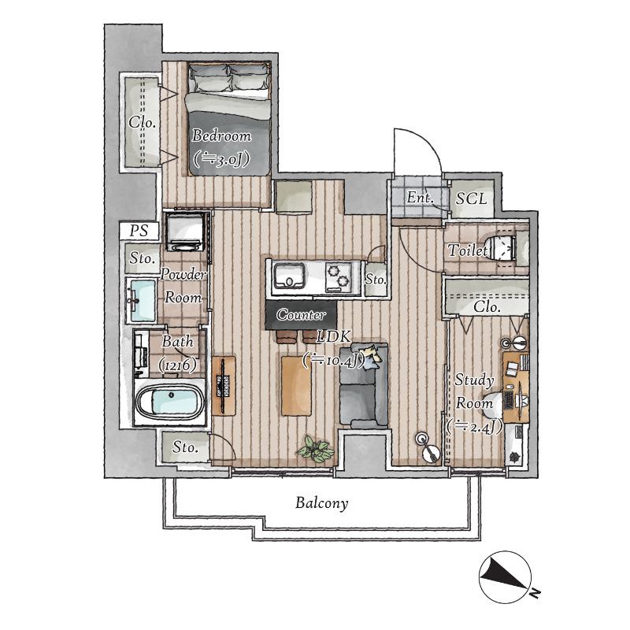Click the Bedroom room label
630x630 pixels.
coord(221,135)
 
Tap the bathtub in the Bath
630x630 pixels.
coord(170,401)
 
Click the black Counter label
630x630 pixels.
coord(301,314)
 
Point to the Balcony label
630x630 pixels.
coord(322,503)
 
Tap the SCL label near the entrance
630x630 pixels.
coord(471,198)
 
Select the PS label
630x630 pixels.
coord(139,231)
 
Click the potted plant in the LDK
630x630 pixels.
coord(317,449)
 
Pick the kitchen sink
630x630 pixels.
coord(288,276)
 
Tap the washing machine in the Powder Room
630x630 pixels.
coord(185,232)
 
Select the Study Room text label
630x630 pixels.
coord(474,391)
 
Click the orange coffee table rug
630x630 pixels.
coord(296,386)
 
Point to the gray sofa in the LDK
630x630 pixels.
coord(364,385)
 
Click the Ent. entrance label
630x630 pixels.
coord(421,198)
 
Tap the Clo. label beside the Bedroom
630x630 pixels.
coord(143,122)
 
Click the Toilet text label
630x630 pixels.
coord(467,250)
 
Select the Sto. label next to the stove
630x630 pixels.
coord(376,280)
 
